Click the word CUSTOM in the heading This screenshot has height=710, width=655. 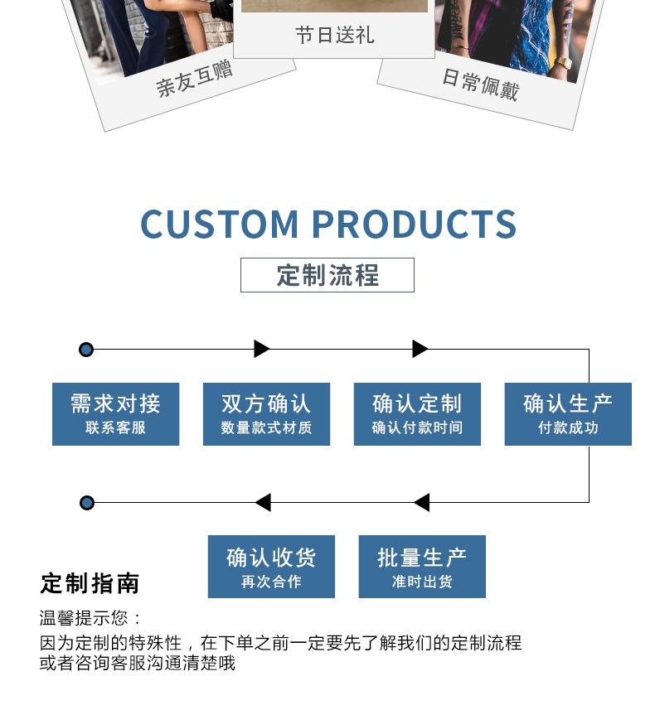point(219,225)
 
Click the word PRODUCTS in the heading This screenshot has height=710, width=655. point(414,225)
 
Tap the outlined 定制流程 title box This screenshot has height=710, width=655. point(327,275)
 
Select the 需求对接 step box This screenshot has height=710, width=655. point(115,413)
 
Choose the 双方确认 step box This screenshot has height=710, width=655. point(266,413)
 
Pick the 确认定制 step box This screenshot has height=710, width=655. point(417,413)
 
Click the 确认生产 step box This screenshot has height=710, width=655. point(568,413)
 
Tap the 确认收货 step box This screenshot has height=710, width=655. point(271,567)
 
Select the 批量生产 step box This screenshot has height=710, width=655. point(422,567)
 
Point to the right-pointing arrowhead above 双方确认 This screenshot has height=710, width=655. point(262,349)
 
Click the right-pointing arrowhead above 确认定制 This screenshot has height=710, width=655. point(420,349)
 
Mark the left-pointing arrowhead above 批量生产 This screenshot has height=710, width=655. point(421,502)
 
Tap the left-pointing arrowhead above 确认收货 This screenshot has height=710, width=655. point(263,502)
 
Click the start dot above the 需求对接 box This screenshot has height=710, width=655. point(86,350)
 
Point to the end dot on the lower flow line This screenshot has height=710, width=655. point(86,503)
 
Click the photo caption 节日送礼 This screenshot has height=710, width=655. point(334,35)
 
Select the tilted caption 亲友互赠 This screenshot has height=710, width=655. point(195,79)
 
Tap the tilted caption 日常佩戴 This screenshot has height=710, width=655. point(480,84)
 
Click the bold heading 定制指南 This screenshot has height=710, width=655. point(90,583)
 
